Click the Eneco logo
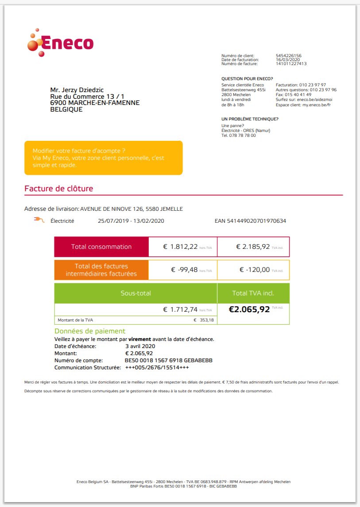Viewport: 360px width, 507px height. coord(60,43)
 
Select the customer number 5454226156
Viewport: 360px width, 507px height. coord(288,56)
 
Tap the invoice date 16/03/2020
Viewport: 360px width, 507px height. coord(288,60)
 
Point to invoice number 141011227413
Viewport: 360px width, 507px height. coord(291,64)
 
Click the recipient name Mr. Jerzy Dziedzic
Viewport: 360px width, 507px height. coord(77,90)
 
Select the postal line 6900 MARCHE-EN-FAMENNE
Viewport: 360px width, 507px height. coord(95,103)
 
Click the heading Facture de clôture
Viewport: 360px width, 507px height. coord(59,189)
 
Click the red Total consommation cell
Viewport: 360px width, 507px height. coord(101,247)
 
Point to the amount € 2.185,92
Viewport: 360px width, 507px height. coord(253,247)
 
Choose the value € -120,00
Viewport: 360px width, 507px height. coord(255,270)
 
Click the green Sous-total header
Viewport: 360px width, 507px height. coord(135,293)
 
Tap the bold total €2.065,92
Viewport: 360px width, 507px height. coord(249,310)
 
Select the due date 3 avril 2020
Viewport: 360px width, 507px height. coord(140,346)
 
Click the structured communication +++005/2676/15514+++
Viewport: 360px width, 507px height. coord(157,368)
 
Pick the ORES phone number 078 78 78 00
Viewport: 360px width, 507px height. coord(242,135)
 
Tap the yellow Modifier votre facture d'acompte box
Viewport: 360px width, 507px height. coord(103,158)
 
